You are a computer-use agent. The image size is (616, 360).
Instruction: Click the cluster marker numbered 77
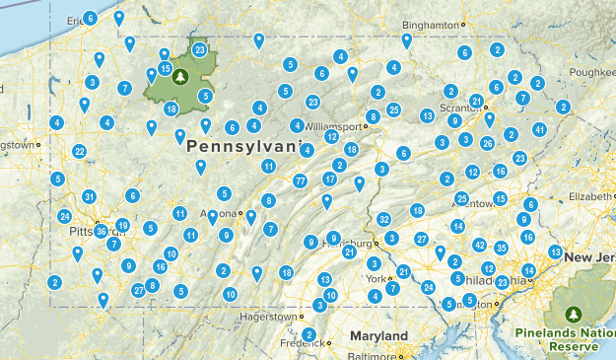pos(300,180)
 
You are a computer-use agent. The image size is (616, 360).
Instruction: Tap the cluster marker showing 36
pos(102,231)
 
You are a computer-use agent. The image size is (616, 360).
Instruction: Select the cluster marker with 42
pos(480,245)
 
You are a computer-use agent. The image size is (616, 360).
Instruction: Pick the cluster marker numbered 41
pos(539,129)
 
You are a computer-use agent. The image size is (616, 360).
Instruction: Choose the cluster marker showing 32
pos(383,219)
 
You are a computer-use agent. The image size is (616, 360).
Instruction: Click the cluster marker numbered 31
pos(90,197)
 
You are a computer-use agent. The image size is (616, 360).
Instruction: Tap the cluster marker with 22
pos(79,151)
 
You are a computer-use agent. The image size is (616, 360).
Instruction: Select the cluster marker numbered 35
pos(502,248)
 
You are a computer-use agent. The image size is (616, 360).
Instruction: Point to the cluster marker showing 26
pos(487,143)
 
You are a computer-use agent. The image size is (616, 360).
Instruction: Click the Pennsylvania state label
pos(240,146)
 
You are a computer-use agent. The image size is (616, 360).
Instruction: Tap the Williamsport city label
pos(333,126)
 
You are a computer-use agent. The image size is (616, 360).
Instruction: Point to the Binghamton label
pos(433,24)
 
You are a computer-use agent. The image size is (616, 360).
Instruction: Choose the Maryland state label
pos(378,336)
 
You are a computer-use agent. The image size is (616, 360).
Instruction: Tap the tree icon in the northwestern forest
pos(179,75)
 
